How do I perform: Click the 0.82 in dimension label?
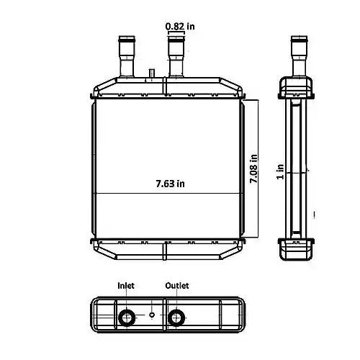point(180,26)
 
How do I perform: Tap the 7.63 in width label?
point(170,184)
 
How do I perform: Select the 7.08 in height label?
point(253,168)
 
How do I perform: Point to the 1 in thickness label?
point(280,171)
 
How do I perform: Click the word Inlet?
point(126,285)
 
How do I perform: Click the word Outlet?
point(177,285)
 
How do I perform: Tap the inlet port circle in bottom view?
point(127,318)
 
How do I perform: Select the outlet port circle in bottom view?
point(176,318)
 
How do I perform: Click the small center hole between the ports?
point(152,315)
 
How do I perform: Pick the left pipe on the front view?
point(127,57)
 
